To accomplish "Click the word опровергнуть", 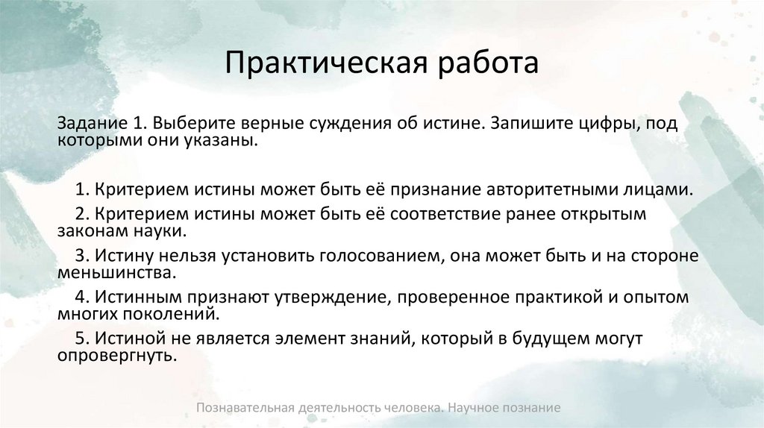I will [116, 356].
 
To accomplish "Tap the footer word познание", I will [531, 408].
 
